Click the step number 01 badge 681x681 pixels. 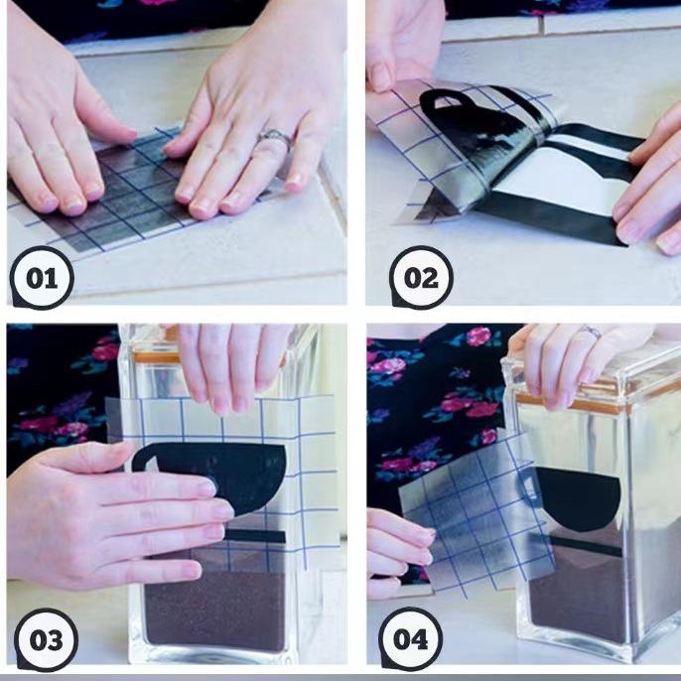[x=42, y=278]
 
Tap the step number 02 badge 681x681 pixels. [x=421, y=278]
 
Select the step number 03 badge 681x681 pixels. [x=46, y=639]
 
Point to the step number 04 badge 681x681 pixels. [x=410, y=639]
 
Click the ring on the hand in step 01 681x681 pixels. [x=274, y=138]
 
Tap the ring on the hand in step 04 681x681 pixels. [x=592, y=332]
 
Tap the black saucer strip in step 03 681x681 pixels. [x=256, y=536]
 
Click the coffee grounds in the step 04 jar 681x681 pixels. [x=578, y=595]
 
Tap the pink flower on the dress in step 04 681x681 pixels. [x=477, y=337]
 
